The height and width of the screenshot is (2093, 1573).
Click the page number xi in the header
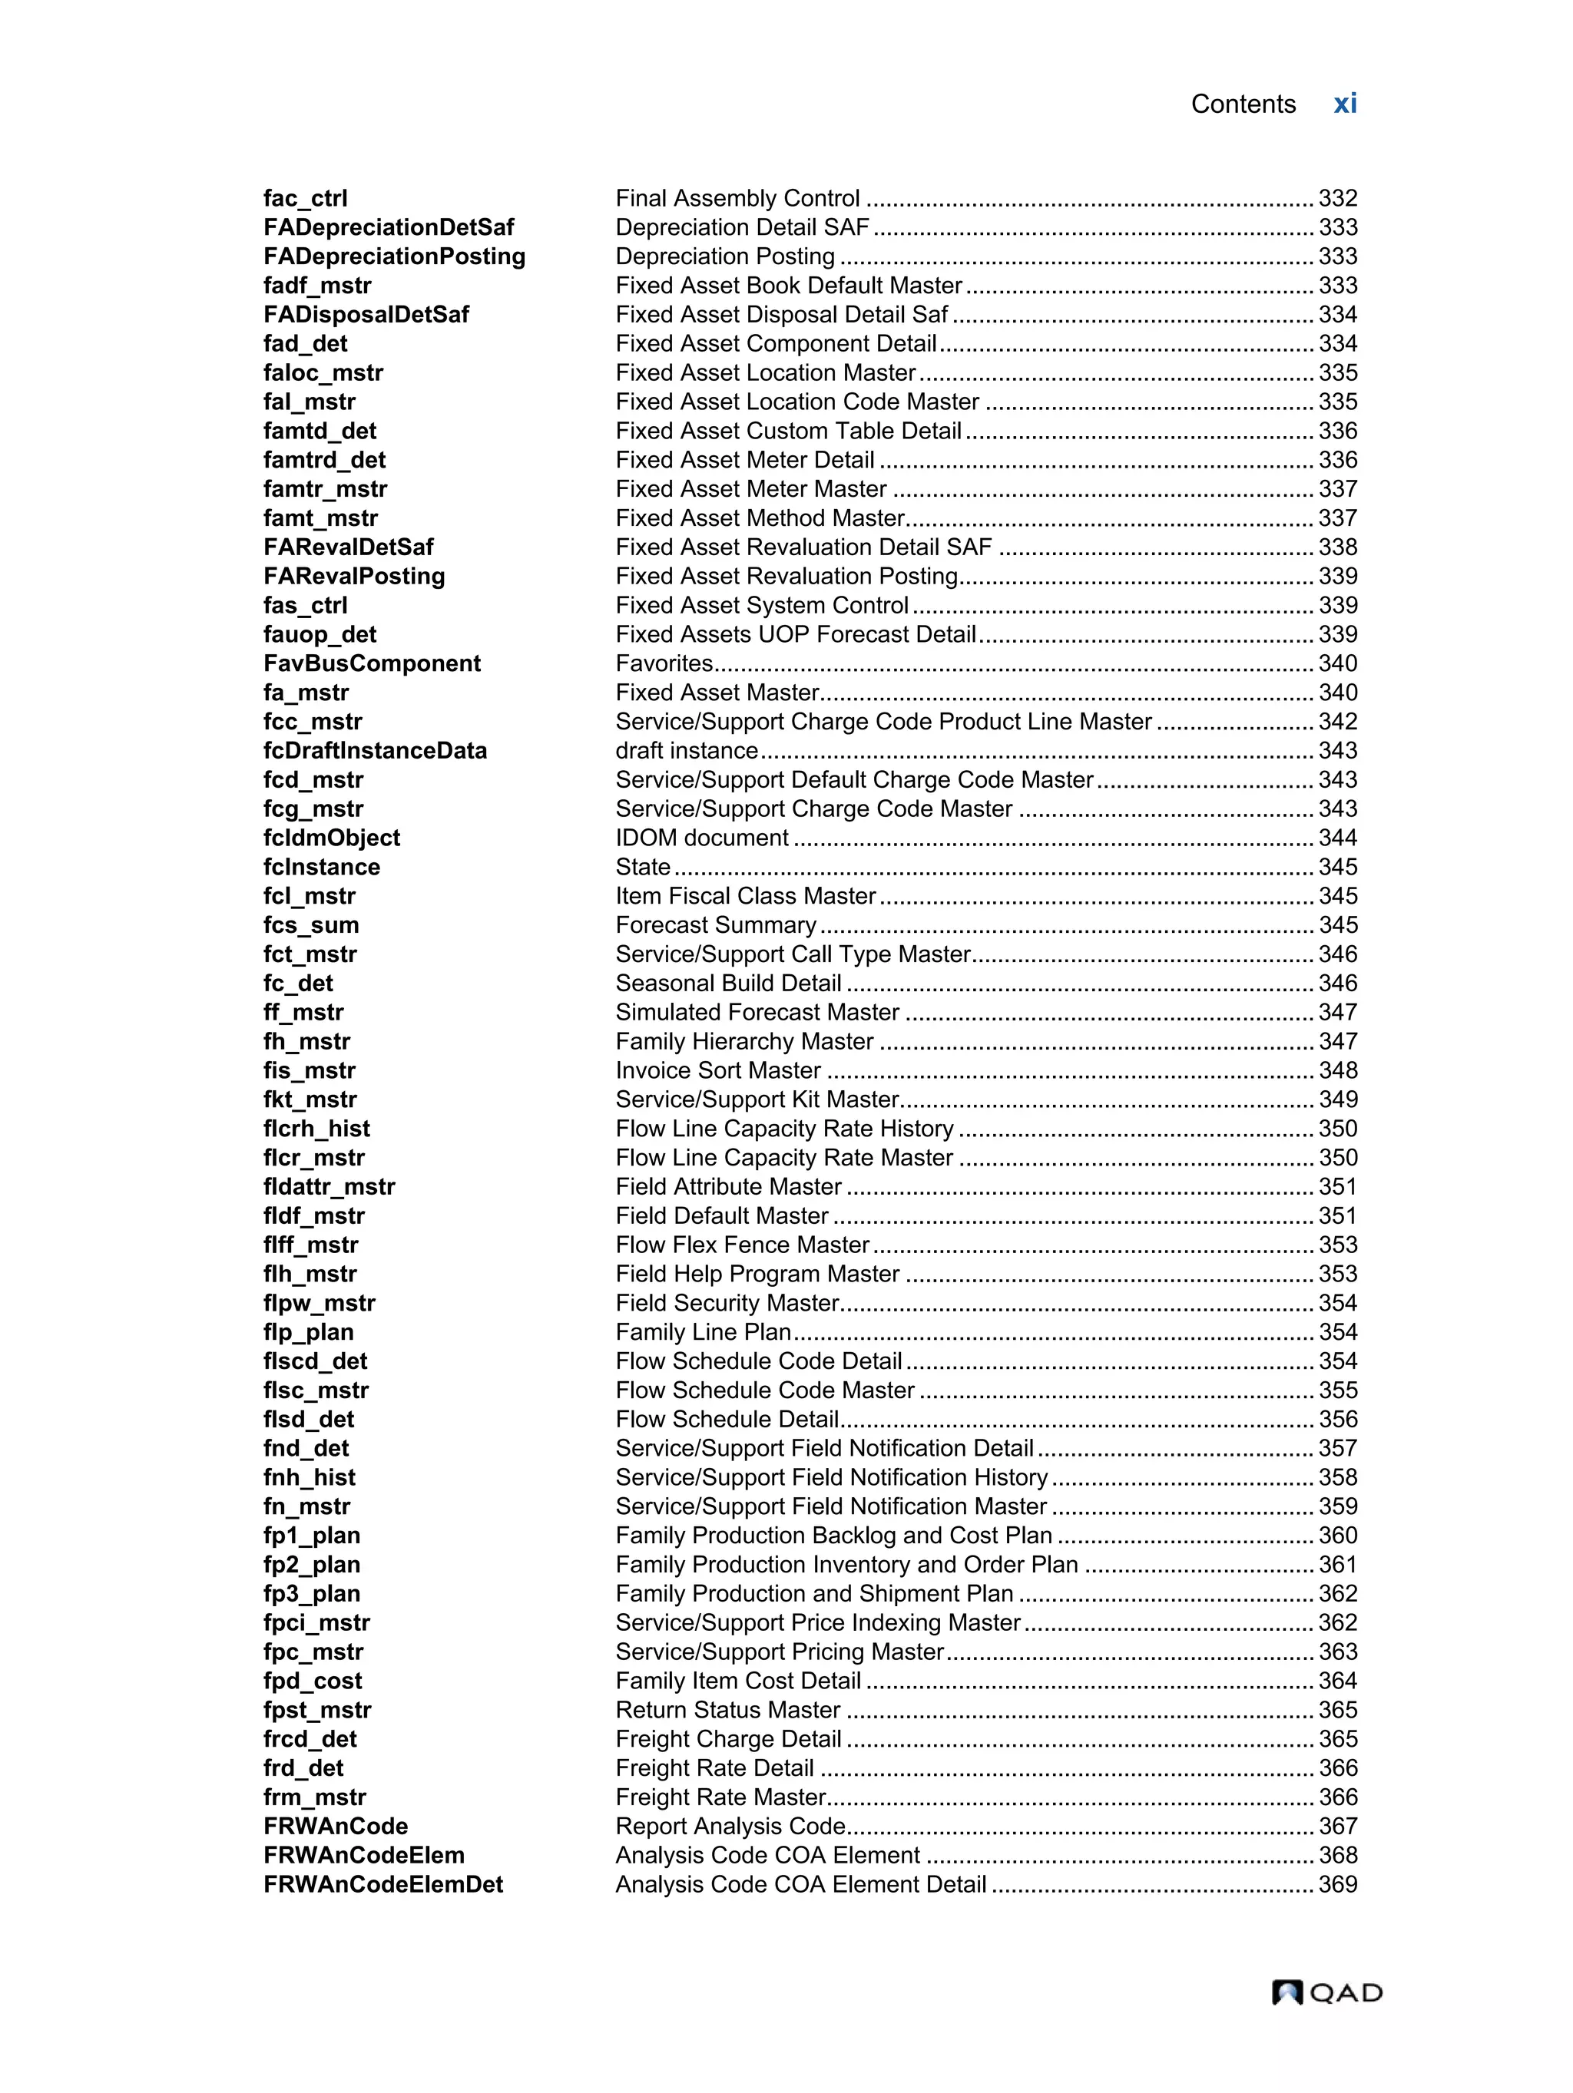[x=1344, y=104]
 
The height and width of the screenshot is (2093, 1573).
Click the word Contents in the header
[x=1242, y=104]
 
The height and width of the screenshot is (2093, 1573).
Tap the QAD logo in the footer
[x=1326, y=1992]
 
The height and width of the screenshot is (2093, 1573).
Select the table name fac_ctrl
[x=305, y=199]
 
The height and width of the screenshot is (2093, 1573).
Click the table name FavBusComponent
[x=371, y=663]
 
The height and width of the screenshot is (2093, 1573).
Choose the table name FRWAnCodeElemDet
[x=382, y=1884]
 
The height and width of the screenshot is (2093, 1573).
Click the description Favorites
[x=664, y=663]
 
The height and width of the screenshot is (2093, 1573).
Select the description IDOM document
[x=701, y=838]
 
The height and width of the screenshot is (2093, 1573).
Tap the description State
[x=643, y=867]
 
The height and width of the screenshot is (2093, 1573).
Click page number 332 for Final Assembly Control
[x=1337, y=199]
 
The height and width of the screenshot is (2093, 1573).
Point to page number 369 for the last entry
[x=1337, y=1884]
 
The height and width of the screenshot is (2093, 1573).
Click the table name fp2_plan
[x=311, y=1564]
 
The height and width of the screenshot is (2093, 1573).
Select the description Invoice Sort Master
[x=717, y=1070]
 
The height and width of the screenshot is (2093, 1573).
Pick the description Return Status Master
[x=727, y=1710]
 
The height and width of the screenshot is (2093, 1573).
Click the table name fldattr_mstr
[x=329, y=1186]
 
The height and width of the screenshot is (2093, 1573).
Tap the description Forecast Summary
[x=716, y=924]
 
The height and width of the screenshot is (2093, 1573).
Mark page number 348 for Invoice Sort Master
[x=1337, y=1070]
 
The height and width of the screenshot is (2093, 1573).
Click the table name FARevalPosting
[x=354, y=577]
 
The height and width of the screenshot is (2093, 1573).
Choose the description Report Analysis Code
[x=730, y=1826]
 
